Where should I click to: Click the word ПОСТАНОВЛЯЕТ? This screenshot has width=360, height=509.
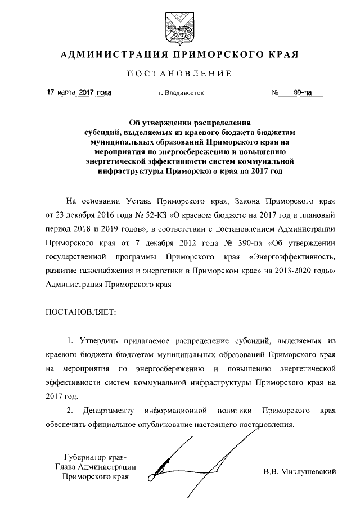pyautogui.click(x=79, y=313)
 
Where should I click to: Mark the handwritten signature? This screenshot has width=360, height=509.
pyautogui.click(x=186, y=458)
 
